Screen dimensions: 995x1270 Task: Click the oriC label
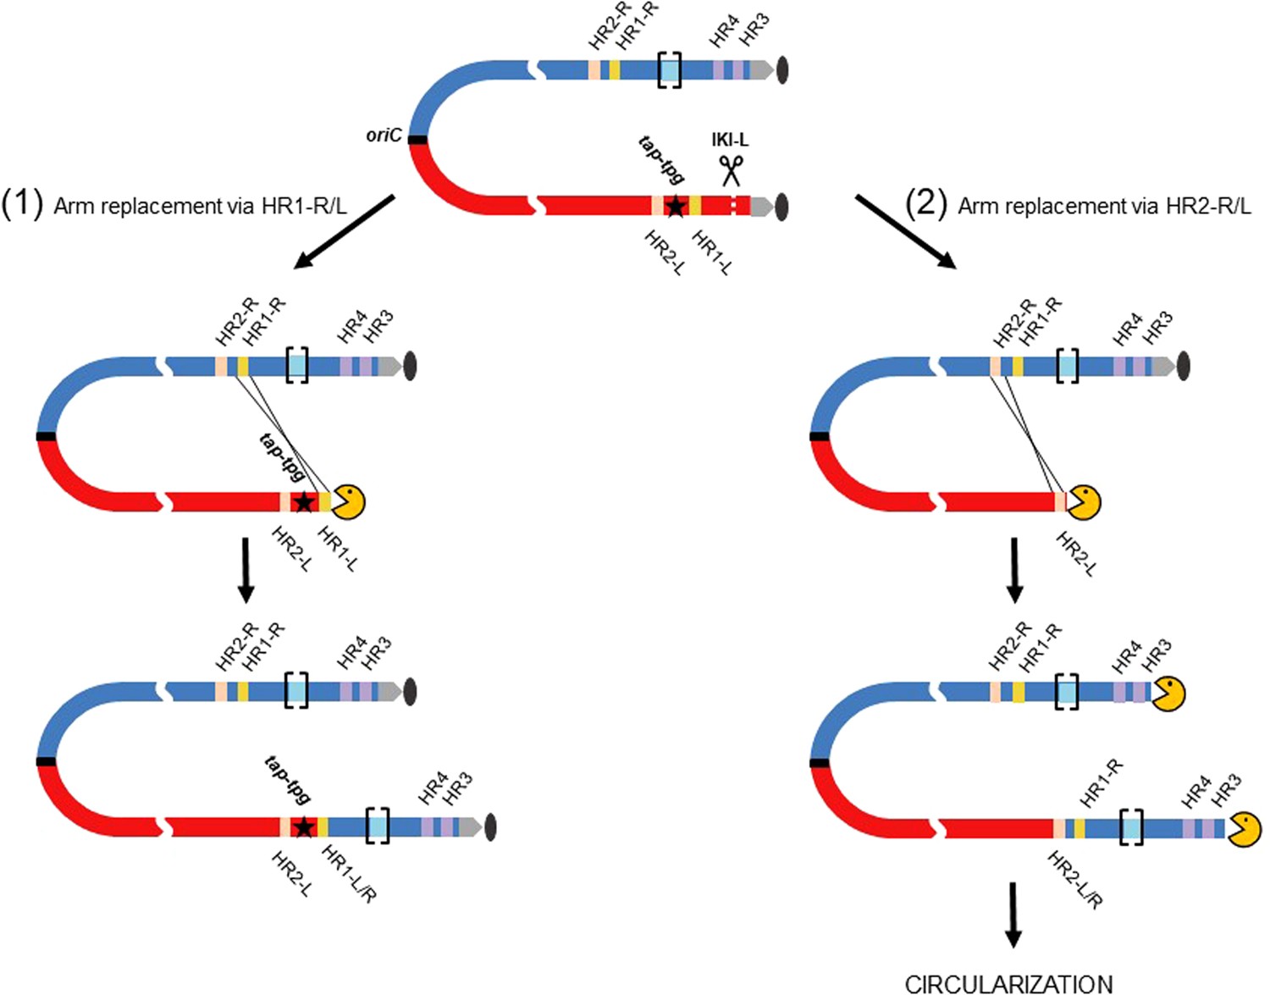pyautogui.click(x=384, y=135)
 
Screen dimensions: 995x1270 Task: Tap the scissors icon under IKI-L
pyautogui.click(x=731, y=169)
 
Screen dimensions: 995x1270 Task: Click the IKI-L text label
pyautogui.click(x=729, y=140)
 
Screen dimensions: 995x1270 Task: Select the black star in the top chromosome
pyautogui.click(x=675, y=206)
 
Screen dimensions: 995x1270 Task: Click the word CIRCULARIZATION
pyautogui.click(x=1008, y=983)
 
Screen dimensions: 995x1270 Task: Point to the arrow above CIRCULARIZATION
pyautogui.click(x=1013, y=915)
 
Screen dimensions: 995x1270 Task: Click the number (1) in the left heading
pyautogui.click(x=22, y=205)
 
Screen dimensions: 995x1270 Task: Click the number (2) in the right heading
pyautogui.click(x=925, y=205)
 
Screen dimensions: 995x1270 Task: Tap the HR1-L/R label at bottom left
pyautogui.click(x=349, y=874)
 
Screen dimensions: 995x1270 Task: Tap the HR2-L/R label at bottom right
pyautogui.click(x=1074, y=881)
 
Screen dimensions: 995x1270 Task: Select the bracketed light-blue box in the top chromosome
pyautogui.click(x=670, y=69)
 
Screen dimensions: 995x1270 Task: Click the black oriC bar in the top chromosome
pyautogui.click(x=417, y=139)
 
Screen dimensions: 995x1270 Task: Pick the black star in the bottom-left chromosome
pyautogui.click(x=303, y=827)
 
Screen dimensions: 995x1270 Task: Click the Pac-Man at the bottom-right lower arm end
pyautogui.click(x=1245, y=828)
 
